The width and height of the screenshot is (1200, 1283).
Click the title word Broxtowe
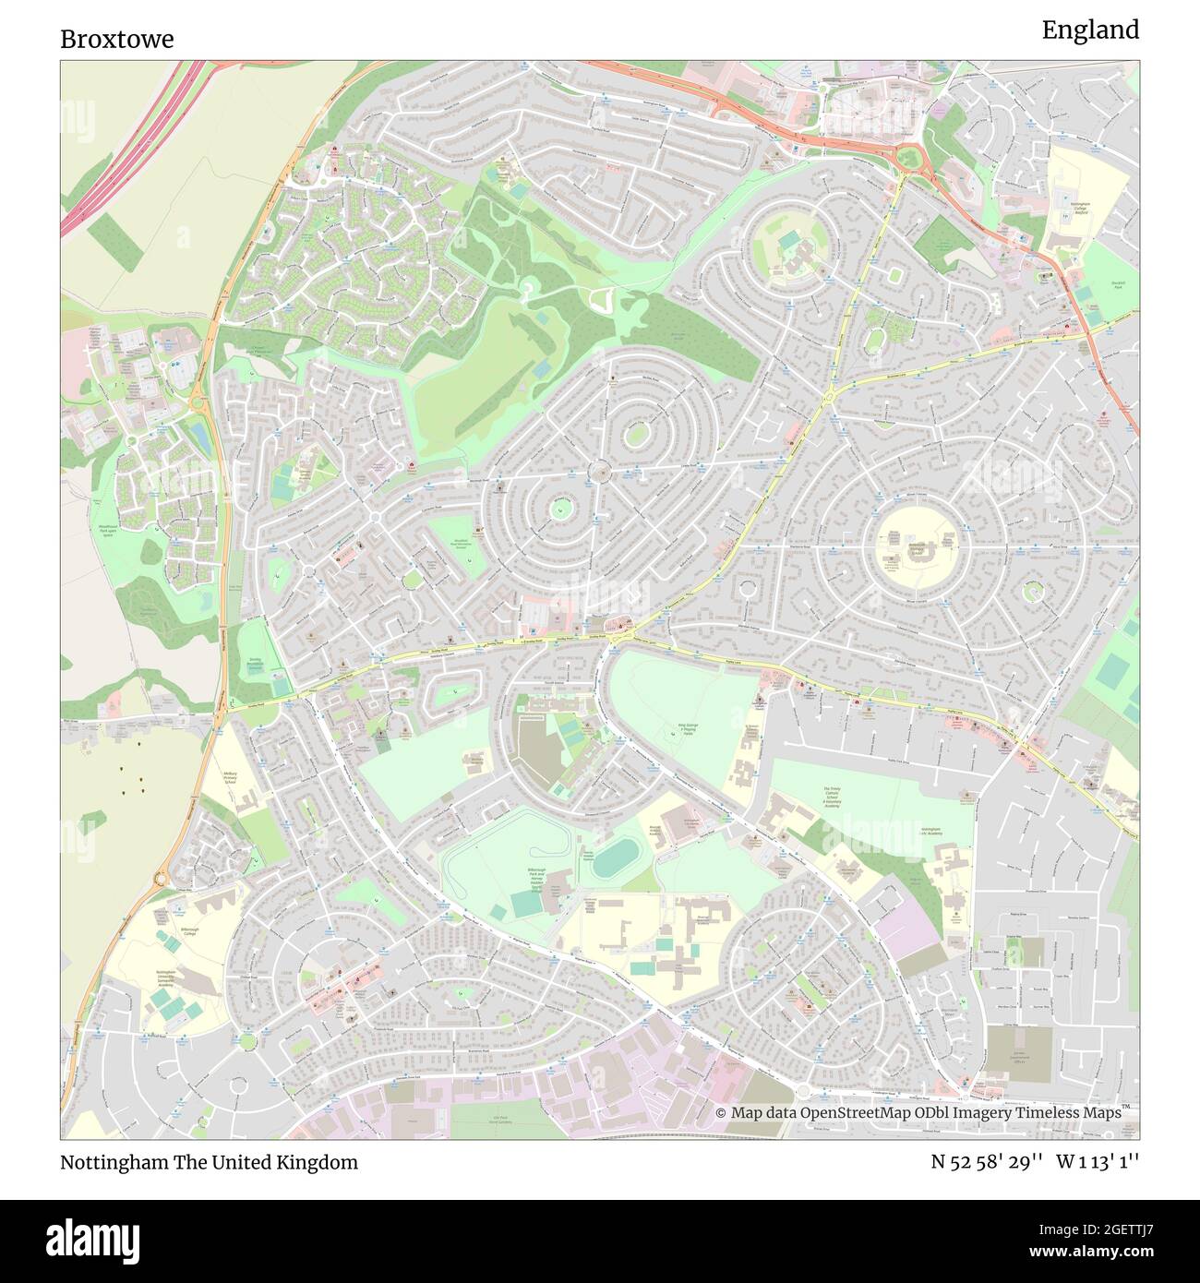(x=116, y=39)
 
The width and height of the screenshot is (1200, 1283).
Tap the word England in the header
(x=1090, y=30)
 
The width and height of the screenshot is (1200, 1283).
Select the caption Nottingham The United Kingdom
(x=209, y=1162)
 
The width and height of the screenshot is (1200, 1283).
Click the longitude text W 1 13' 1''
(x=1098, y=1162)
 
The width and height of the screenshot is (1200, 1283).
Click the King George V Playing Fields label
(x=685, y=730)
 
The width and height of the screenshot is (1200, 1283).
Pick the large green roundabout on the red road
(x=908, y=160)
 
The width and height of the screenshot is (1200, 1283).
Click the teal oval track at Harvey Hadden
(x=613, y=859)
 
